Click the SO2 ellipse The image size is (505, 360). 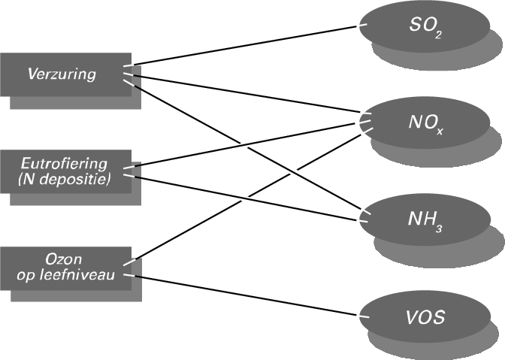(424, 27)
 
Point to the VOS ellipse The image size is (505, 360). (424, 317)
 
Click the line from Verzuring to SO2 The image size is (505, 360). (248, 46)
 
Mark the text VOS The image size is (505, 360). (424, 318)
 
